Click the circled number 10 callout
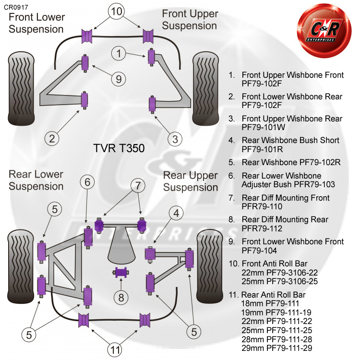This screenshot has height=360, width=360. [x=115, y=12]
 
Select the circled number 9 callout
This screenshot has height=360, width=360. [x=118, y=79]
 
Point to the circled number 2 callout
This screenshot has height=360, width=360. [x=52, y=139]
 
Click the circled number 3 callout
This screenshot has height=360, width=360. [x=175, y=139]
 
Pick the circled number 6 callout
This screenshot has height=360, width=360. [x=87, y=182]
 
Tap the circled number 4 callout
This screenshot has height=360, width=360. [x=177, y=212]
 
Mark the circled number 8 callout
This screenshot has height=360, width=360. [x=121, y=298]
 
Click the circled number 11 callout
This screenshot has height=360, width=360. [x=115, y=350]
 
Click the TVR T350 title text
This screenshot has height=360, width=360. [x=118, y=148]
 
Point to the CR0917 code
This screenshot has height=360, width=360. [x=16, y=6]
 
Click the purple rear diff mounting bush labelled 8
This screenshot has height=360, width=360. [x=121, y=273]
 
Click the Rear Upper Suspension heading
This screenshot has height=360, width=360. [x=191, y=181]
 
